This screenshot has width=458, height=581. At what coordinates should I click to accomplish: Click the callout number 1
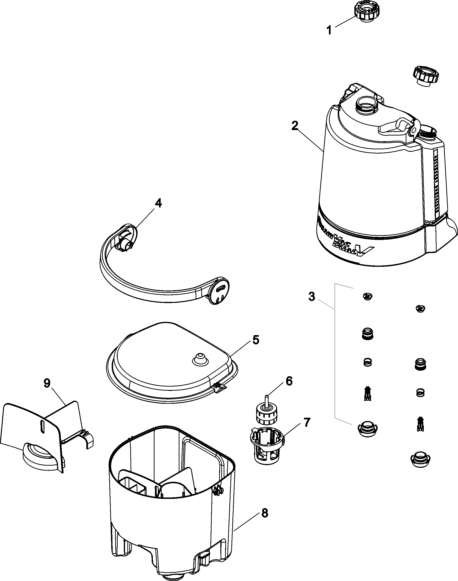click(329, 30)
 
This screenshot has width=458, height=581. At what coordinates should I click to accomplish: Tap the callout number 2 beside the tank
click(295, 126)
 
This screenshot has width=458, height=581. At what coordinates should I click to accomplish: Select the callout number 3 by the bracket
click(311, 296)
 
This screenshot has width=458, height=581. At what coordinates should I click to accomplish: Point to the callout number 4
click(159, 203)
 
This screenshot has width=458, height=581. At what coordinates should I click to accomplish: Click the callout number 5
click(256, 340)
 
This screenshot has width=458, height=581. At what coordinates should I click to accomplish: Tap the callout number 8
click(264, 513)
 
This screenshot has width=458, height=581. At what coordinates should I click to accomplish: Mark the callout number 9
click(47, 383)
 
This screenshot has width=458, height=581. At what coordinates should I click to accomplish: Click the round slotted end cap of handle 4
click(219, 290)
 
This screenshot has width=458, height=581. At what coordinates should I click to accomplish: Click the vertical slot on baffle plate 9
click(42, 426)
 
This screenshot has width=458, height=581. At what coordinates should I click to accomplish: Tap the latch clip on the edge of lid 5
click(219, 387)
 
